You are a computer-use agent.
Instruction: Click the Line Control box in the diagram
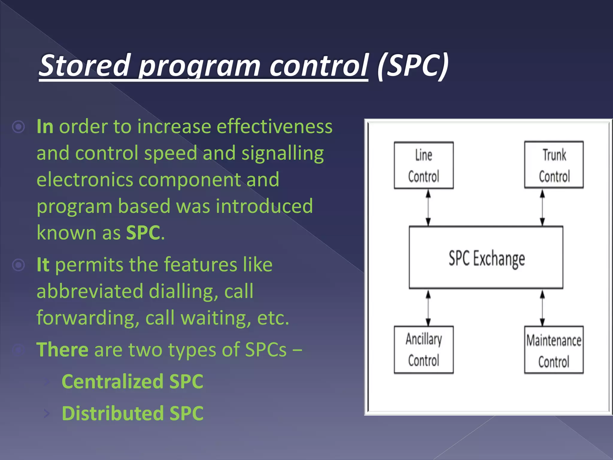[424, 165]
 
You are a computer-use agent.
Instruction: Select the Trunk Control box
[554, 165]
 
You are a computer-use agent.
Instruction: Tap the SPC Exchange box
[486, 258]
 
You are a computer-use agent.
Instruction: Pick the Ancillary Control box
[424, 349]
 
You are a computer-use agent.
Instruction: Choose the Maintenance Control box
[554, 350]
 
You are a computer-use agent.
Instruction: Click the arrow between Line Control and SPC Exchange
[428, 208]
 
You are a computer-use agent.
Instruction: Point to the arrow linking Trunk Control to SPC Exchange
[542, 208]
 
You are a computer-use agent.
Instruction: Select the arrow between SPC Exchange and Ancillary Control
[428, 308]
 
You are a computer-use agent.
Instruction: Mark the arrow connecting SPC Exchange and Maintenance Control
[542, 308]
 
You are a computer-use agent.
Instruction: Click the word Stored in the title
[85, 65]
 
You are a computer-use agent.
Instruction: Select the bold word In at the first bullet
[45, 126]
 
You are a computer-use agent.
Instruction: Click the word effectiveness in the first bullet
[274, 126]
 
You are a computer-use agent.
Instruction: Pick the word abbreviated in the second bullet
[90, 291]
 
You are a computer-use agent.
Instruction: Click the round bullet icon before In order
[19, 127]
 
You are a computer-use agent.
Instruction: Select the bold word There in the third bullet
[62, 349]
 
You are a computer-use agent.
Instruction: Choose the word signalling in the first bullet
[283, 153]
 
